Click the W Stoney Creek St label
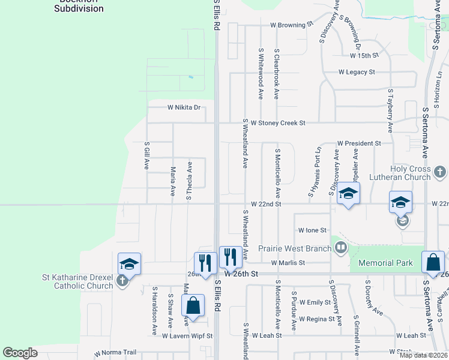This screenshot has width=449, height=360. click(x=278, y=123)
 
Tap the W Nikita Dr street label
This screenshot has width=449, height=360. click(x=183, y=107)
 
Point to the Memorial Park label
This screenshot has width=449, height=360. click(x=385, y=263)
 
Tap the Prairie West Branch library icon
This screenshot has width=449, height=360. click(x=341, y=247)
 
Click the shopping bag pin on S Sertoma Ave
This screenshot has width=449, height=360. click(x=433, y=262)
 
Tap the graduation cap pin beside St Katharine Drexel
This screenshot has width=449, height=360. click(x=129, y=264)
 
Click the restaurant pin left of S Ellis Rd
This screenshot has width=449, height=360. click(x=205, y=263)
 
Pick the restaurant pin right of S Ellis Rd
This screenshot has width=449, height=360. click(x=231, y=257)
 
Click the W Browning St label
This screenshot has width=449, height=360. click(x=292, y=25)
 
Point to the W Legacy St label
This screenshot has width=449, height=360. click(x=357, y=72)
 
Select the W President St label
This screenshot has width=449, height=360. click(x=359, y=143)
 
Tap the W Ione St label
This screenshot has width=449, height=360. click(x=312, y=230)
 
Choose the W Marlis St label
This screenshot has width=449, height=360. click(x=288, y=263)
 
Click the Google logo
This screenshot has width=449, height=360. click(x=20, y=353)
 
